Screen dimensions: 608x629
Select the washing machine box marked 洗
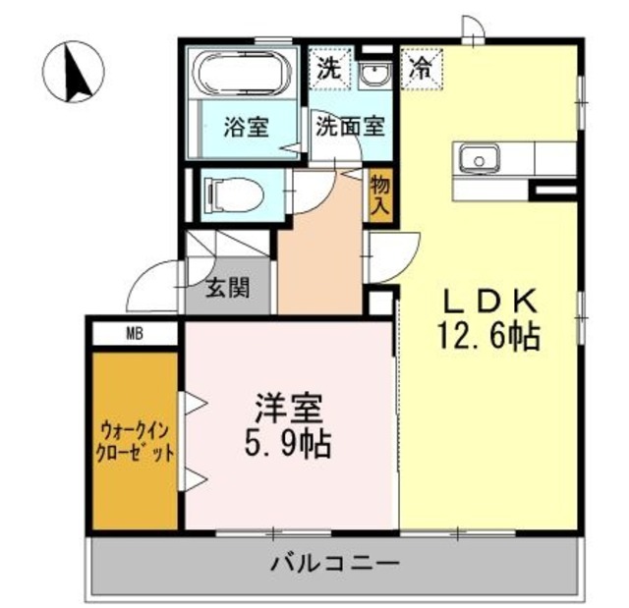[x=327, y=70]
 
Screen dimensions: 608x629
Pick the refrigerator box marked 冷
[x=421, y=70]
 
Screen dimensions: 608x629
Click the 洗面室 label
[x=349, y=128]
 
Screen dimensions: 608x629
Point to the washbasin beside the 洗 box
[x=372, y=73]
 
